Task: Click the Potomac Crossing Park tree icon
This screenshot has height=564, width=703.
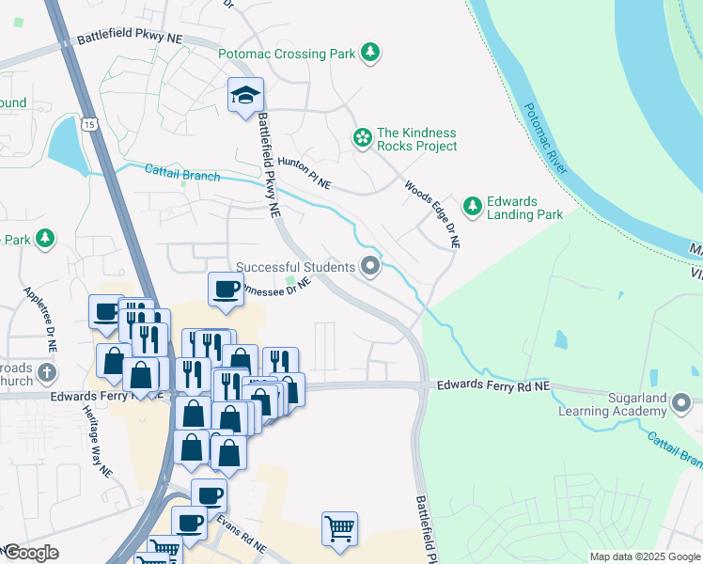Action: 372,54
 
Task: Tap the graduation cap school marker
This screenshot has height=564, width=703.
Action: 245,95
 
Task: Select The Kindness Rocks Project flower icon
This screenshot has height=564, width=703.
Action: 362,139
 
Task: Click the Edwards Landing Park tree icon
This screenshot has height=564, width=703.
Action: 471,207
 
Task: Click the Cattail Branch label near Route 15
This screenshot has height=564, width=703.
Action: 182,173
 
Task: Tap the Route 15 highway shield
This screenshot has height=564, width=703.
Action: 89,124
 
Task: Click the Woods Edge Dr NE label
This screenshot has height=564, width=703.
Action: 433,214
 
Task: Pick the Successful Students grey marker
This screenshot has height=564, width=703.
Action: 370,268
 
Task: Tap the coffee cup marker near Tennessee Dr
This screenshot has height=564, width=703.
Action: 226,290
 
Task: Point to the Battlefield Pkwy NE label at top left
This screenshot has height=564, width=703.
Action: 131,39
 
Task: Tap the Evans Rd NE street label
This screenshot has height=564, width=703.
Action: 242,533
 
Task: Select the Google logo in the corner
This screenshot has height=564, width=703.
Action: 31,553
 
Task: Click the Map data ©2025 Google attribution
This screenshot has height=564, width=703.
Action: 644,556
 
